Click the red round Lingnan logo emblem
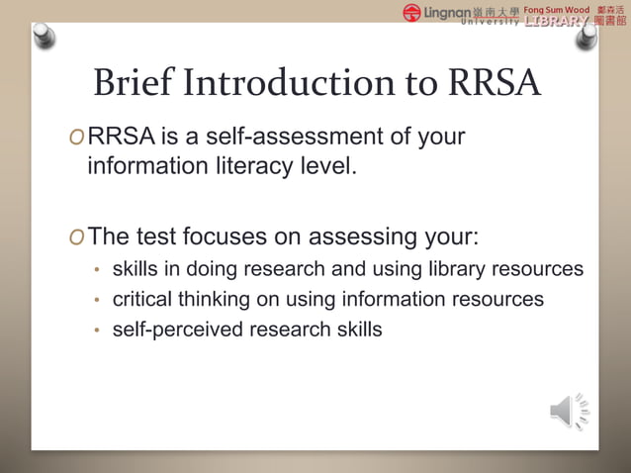[x=411, y=13]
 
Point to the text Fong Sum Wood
[x=556, y=9]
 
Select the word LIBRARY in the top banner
[x=557, y=21]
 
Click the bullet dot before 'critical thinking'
[x=97, y=300]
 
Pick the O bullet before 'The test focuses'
[x=76, y=238]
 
